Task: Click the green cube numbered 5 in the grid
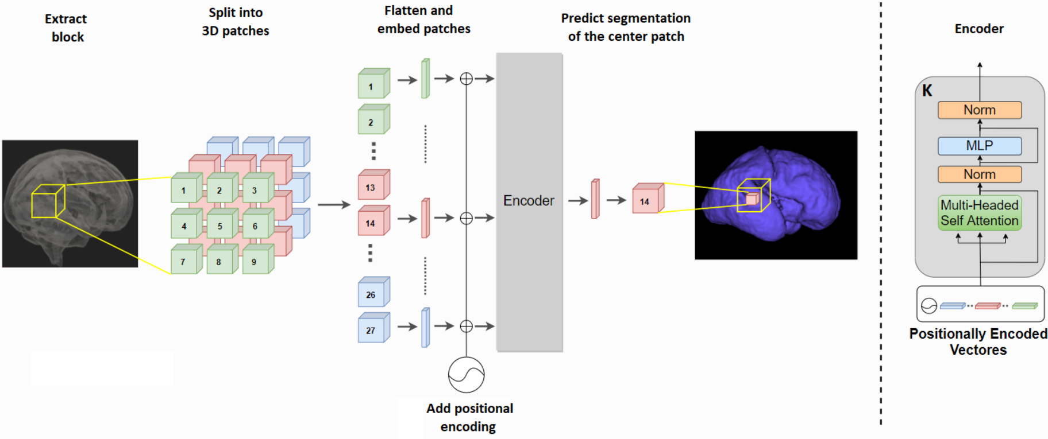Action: tap(219, 226)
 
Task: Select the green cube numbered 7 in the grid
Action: tap(184, 261)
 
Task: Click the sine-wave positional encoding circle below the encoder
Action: tap(466, 375)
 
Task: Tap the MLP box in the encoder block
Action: tap(979, 146)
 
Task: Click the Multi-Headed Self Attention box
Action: tap(979, 213)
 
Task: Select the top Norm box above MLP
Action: tap(979, 110)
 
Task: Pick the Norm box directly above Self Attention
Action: tap(979, 174)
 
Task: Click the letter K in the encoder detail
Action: tap(927, 91)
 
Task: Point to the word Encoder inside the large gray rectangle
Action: tap(529, 201)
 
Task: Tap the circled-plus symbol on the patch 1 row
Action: tap(466, 79)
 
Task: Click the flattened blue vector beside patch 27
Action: tap(425, 328)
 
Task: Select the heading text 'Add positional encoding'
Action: tap(469, 417)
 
